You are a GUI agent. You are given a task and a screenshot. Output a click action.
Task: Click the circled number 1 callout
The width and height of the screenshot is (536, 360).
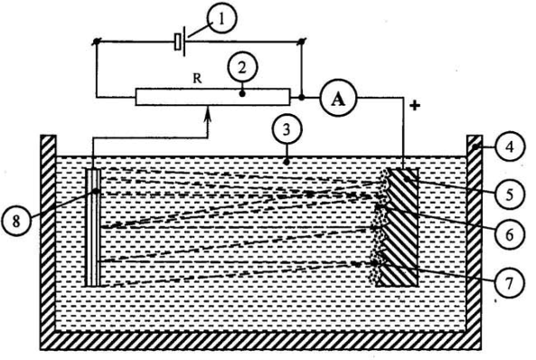point(221,19)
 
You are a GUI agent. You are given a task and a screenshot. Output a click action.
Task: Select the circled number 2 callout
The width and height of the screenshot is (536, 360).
point(242,69)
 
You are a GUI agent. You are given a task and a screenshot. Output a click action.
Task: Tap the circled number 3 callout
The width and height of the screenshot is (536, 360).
point(287,131)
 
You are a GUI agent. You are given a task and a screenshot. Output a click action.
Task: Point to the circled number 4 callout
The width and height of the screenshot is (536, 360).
point(510,147)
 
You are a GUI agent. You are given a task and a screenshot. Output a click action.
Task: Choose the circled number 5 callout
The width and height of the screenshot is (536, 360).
point(510,195)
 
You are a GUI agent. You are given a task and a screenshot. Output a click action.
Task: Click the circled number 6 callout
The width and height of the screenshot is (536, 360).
point(510,235)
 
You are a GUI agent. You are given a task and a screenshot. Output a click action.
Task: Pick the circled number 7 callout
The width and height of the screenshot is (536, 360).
point(510,283)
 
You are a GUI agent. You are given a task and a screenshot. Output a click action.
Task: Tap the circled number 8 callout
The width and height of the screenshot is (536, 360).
point(16,222)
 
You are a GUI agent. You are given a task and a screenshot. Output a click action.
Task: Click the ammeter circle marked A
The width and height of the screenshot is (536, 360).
point(338,99)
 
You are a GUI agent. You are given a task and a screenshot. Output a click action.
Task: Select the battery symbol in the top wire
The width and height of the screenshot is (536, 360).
point(180,42)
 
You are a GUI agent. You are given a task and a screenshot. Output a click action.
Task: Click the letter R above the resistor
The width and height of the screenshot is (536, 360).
point(197,79)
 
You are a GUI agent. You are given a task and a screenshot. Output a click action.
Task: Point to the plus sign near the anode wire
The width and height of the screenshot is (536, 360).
point(415,106)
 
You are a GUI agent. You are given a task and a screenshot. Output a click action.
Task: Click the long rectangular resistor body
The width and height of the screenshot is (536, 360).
point(212,97)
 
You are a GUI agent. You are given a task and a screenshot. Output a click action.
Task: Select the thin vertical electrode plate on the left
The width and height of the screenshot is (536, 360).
point(93,228)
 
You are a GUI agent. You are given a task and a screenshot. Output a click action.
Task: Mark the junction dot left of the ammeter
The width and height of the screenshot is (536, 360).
point(302,98)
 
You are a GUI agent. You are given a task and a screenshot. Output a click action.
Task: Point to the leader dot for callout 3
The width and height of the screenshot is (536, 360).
point(287,162)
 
